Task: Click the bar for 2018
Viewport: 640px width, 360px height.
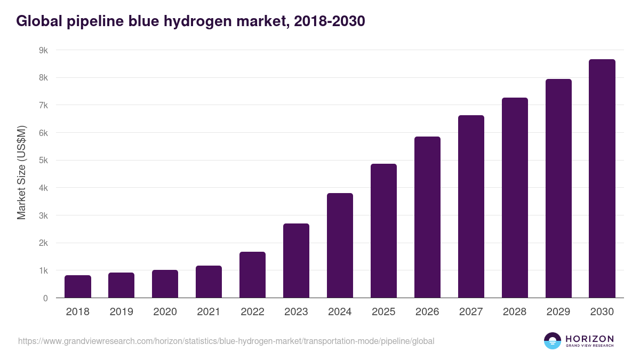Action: coord(78,286)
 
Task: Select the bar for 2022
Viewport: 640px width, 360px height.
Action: coord(252,275)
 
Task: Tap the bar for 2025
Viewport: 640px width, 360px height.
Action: coord(383,230)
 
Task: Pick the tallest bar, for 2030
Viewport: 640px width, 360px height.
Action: coord(602,179)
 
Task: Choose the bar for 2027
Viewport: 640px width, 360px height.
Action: coord(471,206)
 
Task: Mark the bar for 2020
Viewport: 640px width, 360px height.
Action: coord(165,284)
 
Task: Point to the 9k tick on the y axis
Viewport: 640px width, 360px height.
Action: coord(43,50)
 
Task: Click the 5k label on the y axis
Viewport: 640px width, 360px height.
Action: coord(43,161)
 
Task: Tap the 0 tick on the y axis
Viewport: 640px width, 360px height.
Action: coord(45,298)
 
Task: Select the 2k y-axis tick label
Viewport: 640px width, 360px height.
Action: coord(43,243)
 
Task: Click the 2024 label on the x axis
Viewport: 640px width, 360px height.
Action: coord(340,312)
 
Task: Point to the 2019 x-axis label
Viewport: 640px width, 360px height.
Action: coord(121,312)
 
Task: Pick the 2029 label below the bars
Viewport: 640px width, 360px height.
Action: coord(558,312)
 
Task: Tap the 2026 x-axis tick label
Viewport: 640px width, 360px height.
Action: coord(427,312)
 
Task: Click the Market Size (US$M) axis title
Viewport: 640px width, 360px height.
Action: coord(21,172)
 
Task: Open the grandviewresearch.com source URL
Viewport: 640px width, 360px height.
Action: coord(226,341)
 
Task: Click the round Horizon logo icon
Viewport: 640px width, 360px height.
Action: coord(553,341)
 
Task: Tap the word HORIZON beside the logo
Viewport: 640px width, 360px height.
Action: coord(589,338)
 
